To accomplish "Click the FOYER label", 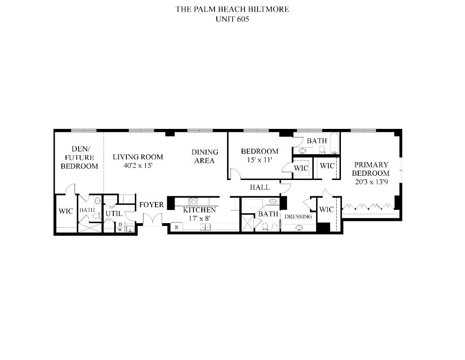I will click(x=151, y=205).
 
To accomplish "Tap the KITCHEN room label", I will click(x=199, y=210).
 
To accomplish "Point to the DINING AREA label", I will click(x=205, y=156).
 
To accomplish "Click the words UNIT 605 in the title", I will click(x=232, y=20).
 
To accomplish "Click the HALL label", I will click(x=259, y=187).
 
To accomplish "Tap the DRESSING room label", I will click(x=298, y=217).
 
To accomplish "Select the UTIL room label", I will click(x=113, y=213).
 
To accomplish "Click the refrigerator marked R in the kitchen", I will click(x=176, y=227).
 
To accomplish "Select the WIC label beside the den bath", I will click(x=66, y=211).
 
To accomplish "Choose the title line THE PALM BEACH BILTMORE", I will click(x=232, y=9).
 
